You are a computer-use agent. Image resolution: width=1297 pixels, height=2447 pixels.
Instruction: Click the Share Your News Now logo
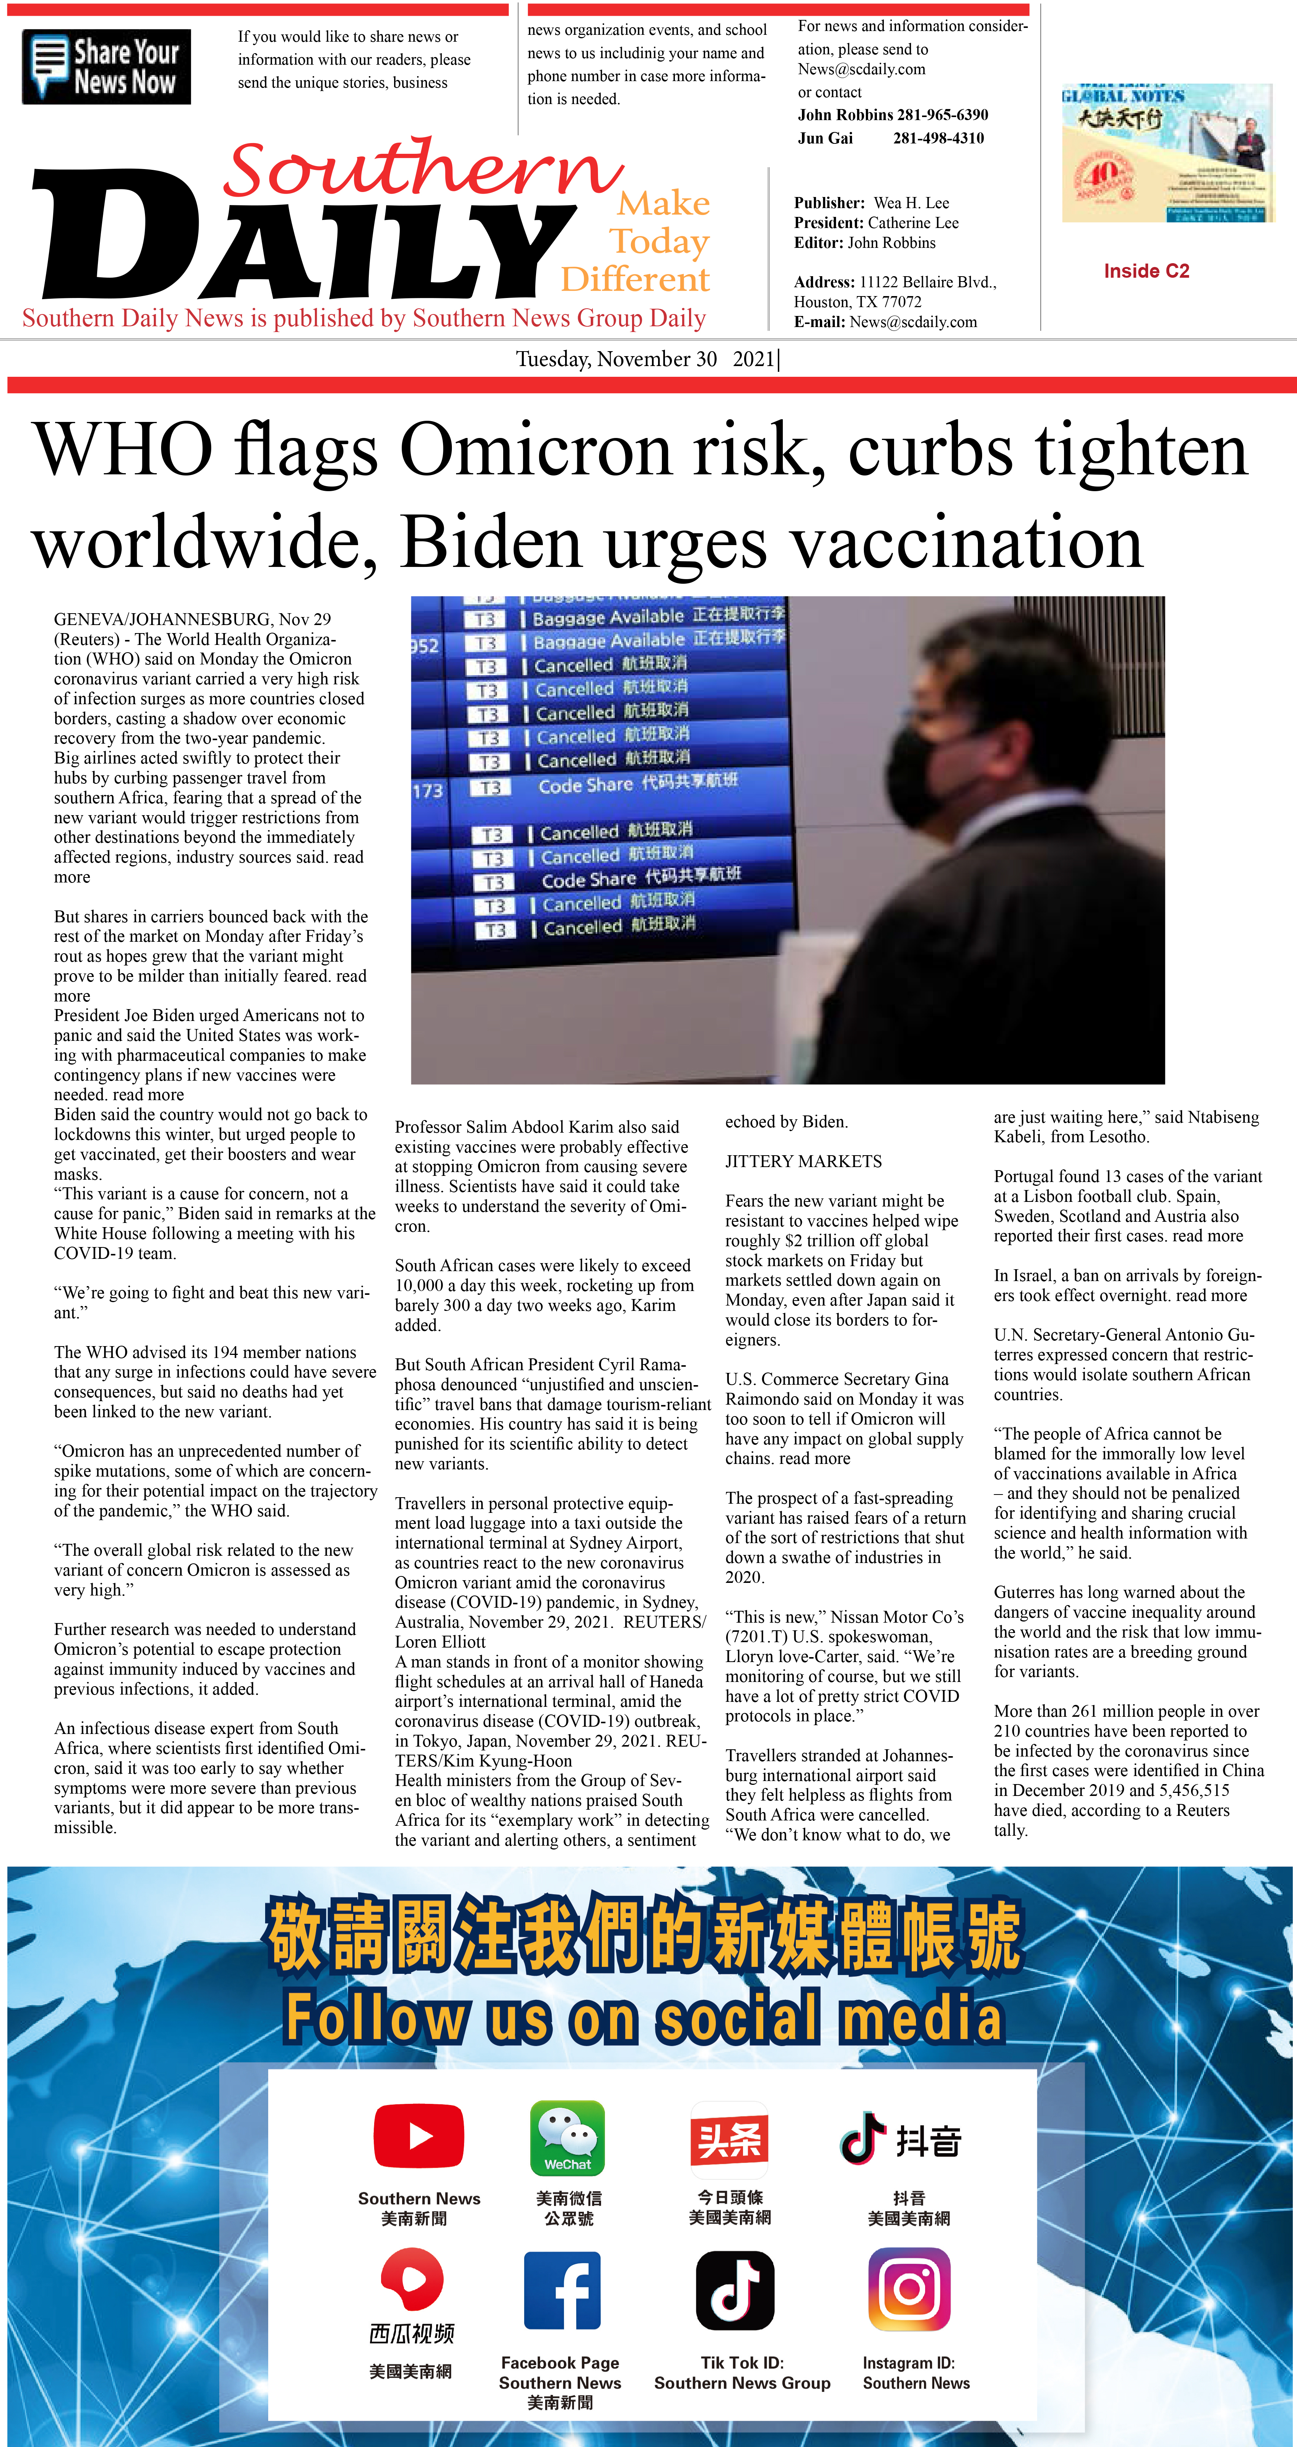(x=106, y=67)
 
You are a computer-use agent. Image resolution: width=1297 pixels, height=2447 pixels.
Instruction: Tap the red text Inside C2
(x=1146, y=271)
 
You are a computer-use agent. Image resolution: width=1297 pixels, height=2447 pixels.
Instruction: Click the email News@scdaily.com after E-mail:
(x=913, y=322)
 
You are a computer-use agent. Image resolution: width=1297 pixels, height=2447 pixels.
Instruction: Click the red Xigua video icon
(x=412, y=2280)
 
